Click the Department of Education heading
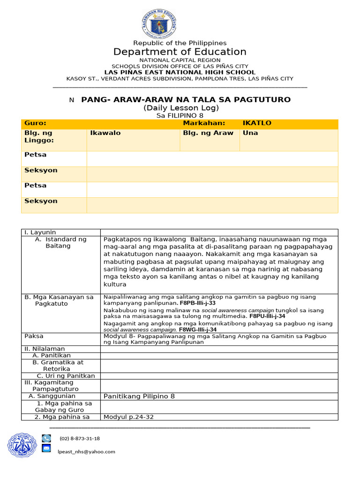coord(180,52)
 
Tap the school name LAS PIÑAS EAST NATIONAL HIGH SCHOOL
coord(180,72)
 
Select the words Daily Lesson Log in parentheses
coord(181,108)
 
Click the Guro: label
coord(35,123)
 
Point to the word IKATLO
coord(257,123)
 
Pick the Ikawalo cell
coord(105,133)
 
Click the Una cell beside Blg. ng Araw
coord(250,133)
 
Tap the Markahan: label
coord(204,123)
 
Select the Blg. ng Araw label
coord(208,133)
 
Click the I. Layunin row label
coord(40,232)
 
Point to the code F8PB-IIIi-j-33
coord(200,303)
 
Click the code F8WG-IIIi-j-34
coord(199,330)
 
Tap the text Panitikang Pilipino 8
coord(139,396)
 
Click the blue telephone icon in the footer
coord(46,438)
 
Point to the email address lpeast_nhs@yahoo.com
coord(86,451)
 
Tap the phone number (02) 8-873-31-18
coord(80,438)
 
